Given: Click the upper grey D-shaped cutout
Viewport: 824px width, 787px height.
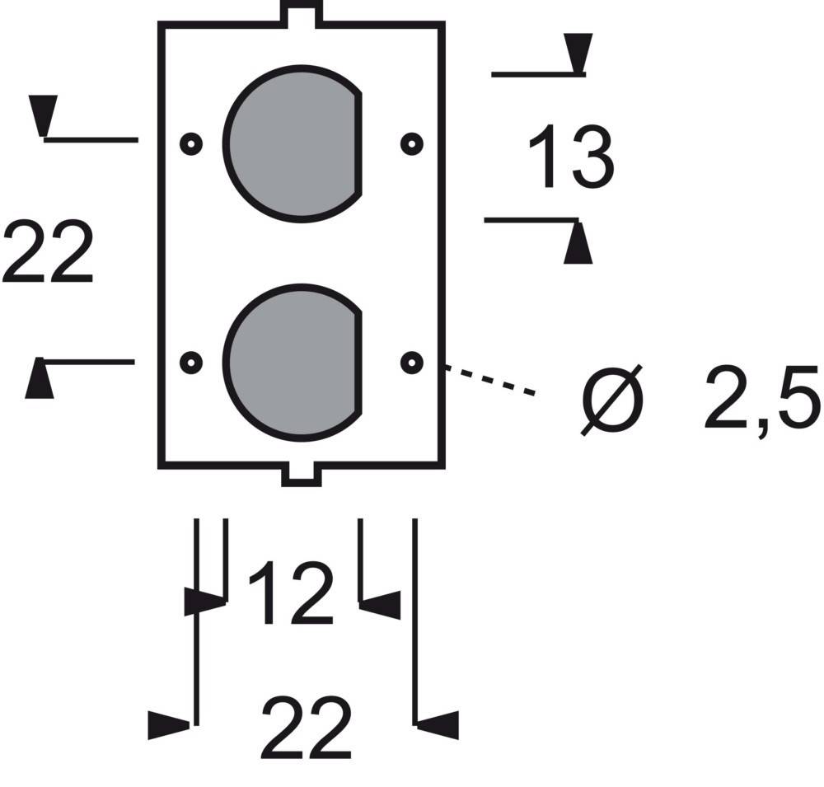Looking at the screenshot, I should click(293, 144).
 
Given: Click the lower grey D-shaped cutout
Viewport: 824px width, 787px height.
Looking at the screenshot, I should click(293, 361).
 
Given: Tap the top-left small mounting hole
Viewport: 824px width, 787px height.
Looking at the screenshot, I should click(191, 144).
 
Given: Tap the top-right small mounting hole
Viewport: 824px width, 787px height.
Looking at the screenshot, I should click(411, 144).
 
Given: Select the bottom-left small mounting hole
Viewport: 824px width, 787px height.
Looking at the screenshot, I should click(191, 362).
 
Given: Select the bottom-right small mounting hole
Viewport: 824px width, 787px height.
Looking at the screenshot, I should click(411, 362).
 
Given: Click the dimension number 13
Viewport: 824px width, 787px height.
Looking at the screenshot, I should click(570, 157).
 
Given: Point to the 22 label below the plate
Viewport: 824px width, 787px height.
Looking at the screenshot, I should click(306, 729).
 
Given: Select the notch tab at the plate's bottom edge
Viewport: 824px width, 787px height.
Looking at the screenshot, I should click(301, 475).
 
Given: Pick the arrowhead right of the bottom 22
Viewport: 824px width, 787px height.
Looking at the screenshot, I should click(438, 724).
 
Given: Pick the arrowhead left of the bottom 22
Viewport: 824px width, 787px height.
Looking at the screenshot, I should click(170, 724).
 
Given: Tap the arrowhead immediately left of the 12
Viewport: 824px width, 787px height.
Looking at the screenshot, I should click(203, 602).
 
